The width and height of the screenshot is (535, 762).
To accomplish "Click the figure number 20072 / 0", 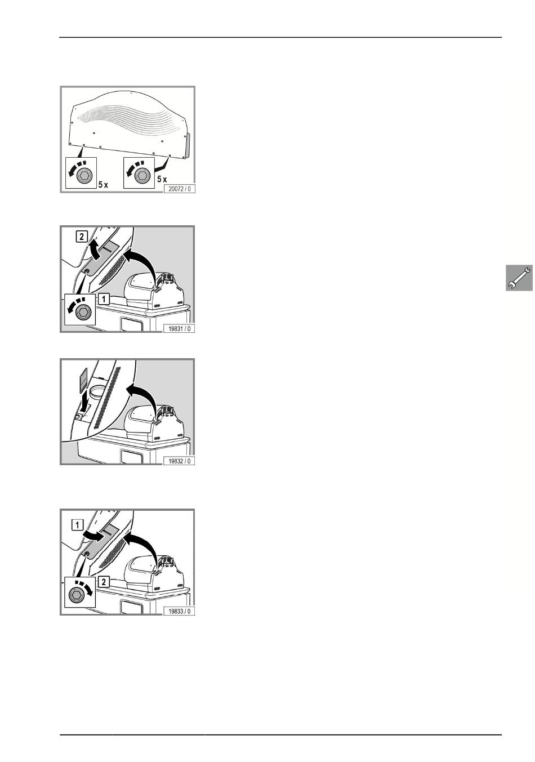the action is click(179, 189).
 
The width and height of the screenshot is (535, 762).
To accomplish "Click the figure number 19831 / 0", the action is click(179, 328).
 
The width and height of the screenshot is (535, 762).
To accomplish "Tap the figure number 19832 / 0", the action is click(179, 461).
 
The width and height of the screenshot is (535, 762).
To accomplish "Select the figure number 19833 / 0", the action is click(179, 611).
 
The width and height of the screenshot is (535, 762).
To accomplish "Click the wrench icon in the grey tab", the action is click(519, 278).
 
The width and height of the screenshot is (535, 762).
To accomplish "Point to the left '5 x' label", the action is click(103, 185).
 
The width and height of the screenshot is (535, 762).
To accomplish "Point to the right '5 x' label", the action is click(162, 179).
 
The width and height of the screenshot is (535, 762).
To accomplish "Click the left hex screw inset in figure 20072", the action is click(81, 172).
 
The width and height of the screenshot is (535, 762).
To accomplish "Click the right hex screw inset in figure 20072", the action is click(139, 172).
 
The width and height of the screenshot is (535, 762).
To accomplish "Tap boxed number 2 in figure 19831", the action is click(82, 236).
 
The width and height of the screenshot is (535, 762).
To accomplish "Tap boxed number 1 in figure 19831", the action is click(104, 299).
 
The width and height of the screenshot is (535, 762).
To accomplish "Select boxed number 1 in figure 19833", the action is click(77, 525).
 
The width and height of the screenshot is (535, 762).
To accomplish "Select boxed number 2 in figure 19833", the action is click(104, 582).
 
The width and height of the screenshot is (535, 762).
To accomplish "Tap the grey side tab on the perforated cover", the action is click(186, 146).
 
